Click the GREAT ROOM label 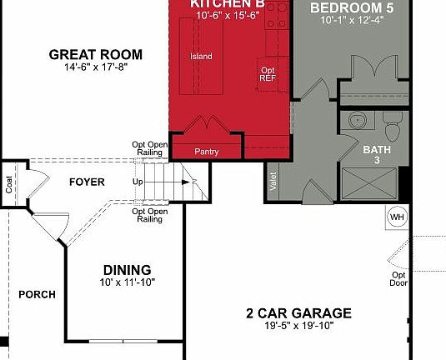[x=95, y=55]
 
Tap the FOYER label [x=87, y=181]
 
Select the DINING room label [x=127, y=270]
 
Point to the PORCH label [x=38, y=294]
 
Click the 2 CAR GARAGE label [x=298, y=313]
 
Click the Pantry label [x=206, y=152]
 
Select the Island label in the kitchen [x=201, y=57]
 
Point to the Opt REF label [x=268, y=74]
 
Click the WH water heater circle [x=396, y=217]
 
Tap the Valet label [x=273, y=182]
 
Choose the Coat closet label [x=9, y=184]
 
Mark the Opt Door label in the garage [x=399, y=279]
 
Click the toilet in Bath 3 [x=393, y=128]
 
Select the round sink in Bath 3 [x=356, y=121]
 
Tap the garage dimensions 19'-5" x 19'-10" [x=298, y=326]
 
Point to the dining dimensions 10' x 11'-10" [x=127, y=282]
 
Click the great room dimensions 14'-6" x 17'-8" [x=95, y=68]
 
